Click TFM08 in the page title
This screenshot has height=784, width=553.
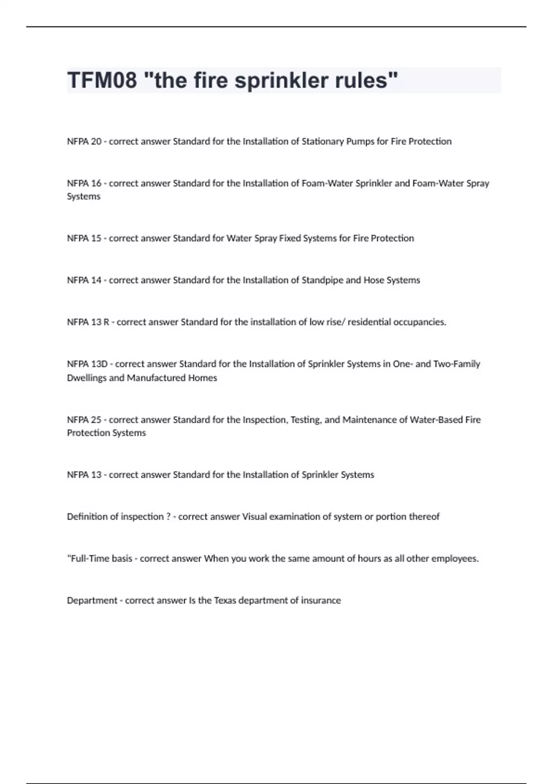[x=102, y=80]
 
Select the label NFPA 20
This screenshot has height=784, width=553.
[x=84, y=142]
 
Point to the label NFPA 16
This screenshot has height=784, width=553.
[x=84, y=183]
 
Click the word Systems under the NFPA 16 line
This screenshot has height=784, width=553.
[x=83, y=196]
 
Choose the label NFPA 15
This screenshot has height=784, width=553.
[x=84, y=238]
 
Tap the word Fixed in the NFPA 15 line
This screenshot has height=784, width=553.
[x=289, y=238]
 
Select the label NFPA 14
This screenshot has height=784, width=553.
[x=84, y=280]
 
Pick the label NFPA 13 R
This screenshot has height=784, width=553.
[x=88, y=322]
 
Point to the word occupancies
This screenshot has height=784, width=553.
[x=419, y=322]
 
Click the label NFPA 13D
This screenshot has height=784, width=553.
[x=87, y=364]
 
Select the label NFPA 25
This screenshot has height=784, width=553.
[x=84, y=420]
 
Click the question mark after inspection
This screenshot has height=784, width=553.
[x=168, y=517]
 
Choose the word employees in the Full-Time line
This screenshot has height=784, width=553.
[x=455, y=558]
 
